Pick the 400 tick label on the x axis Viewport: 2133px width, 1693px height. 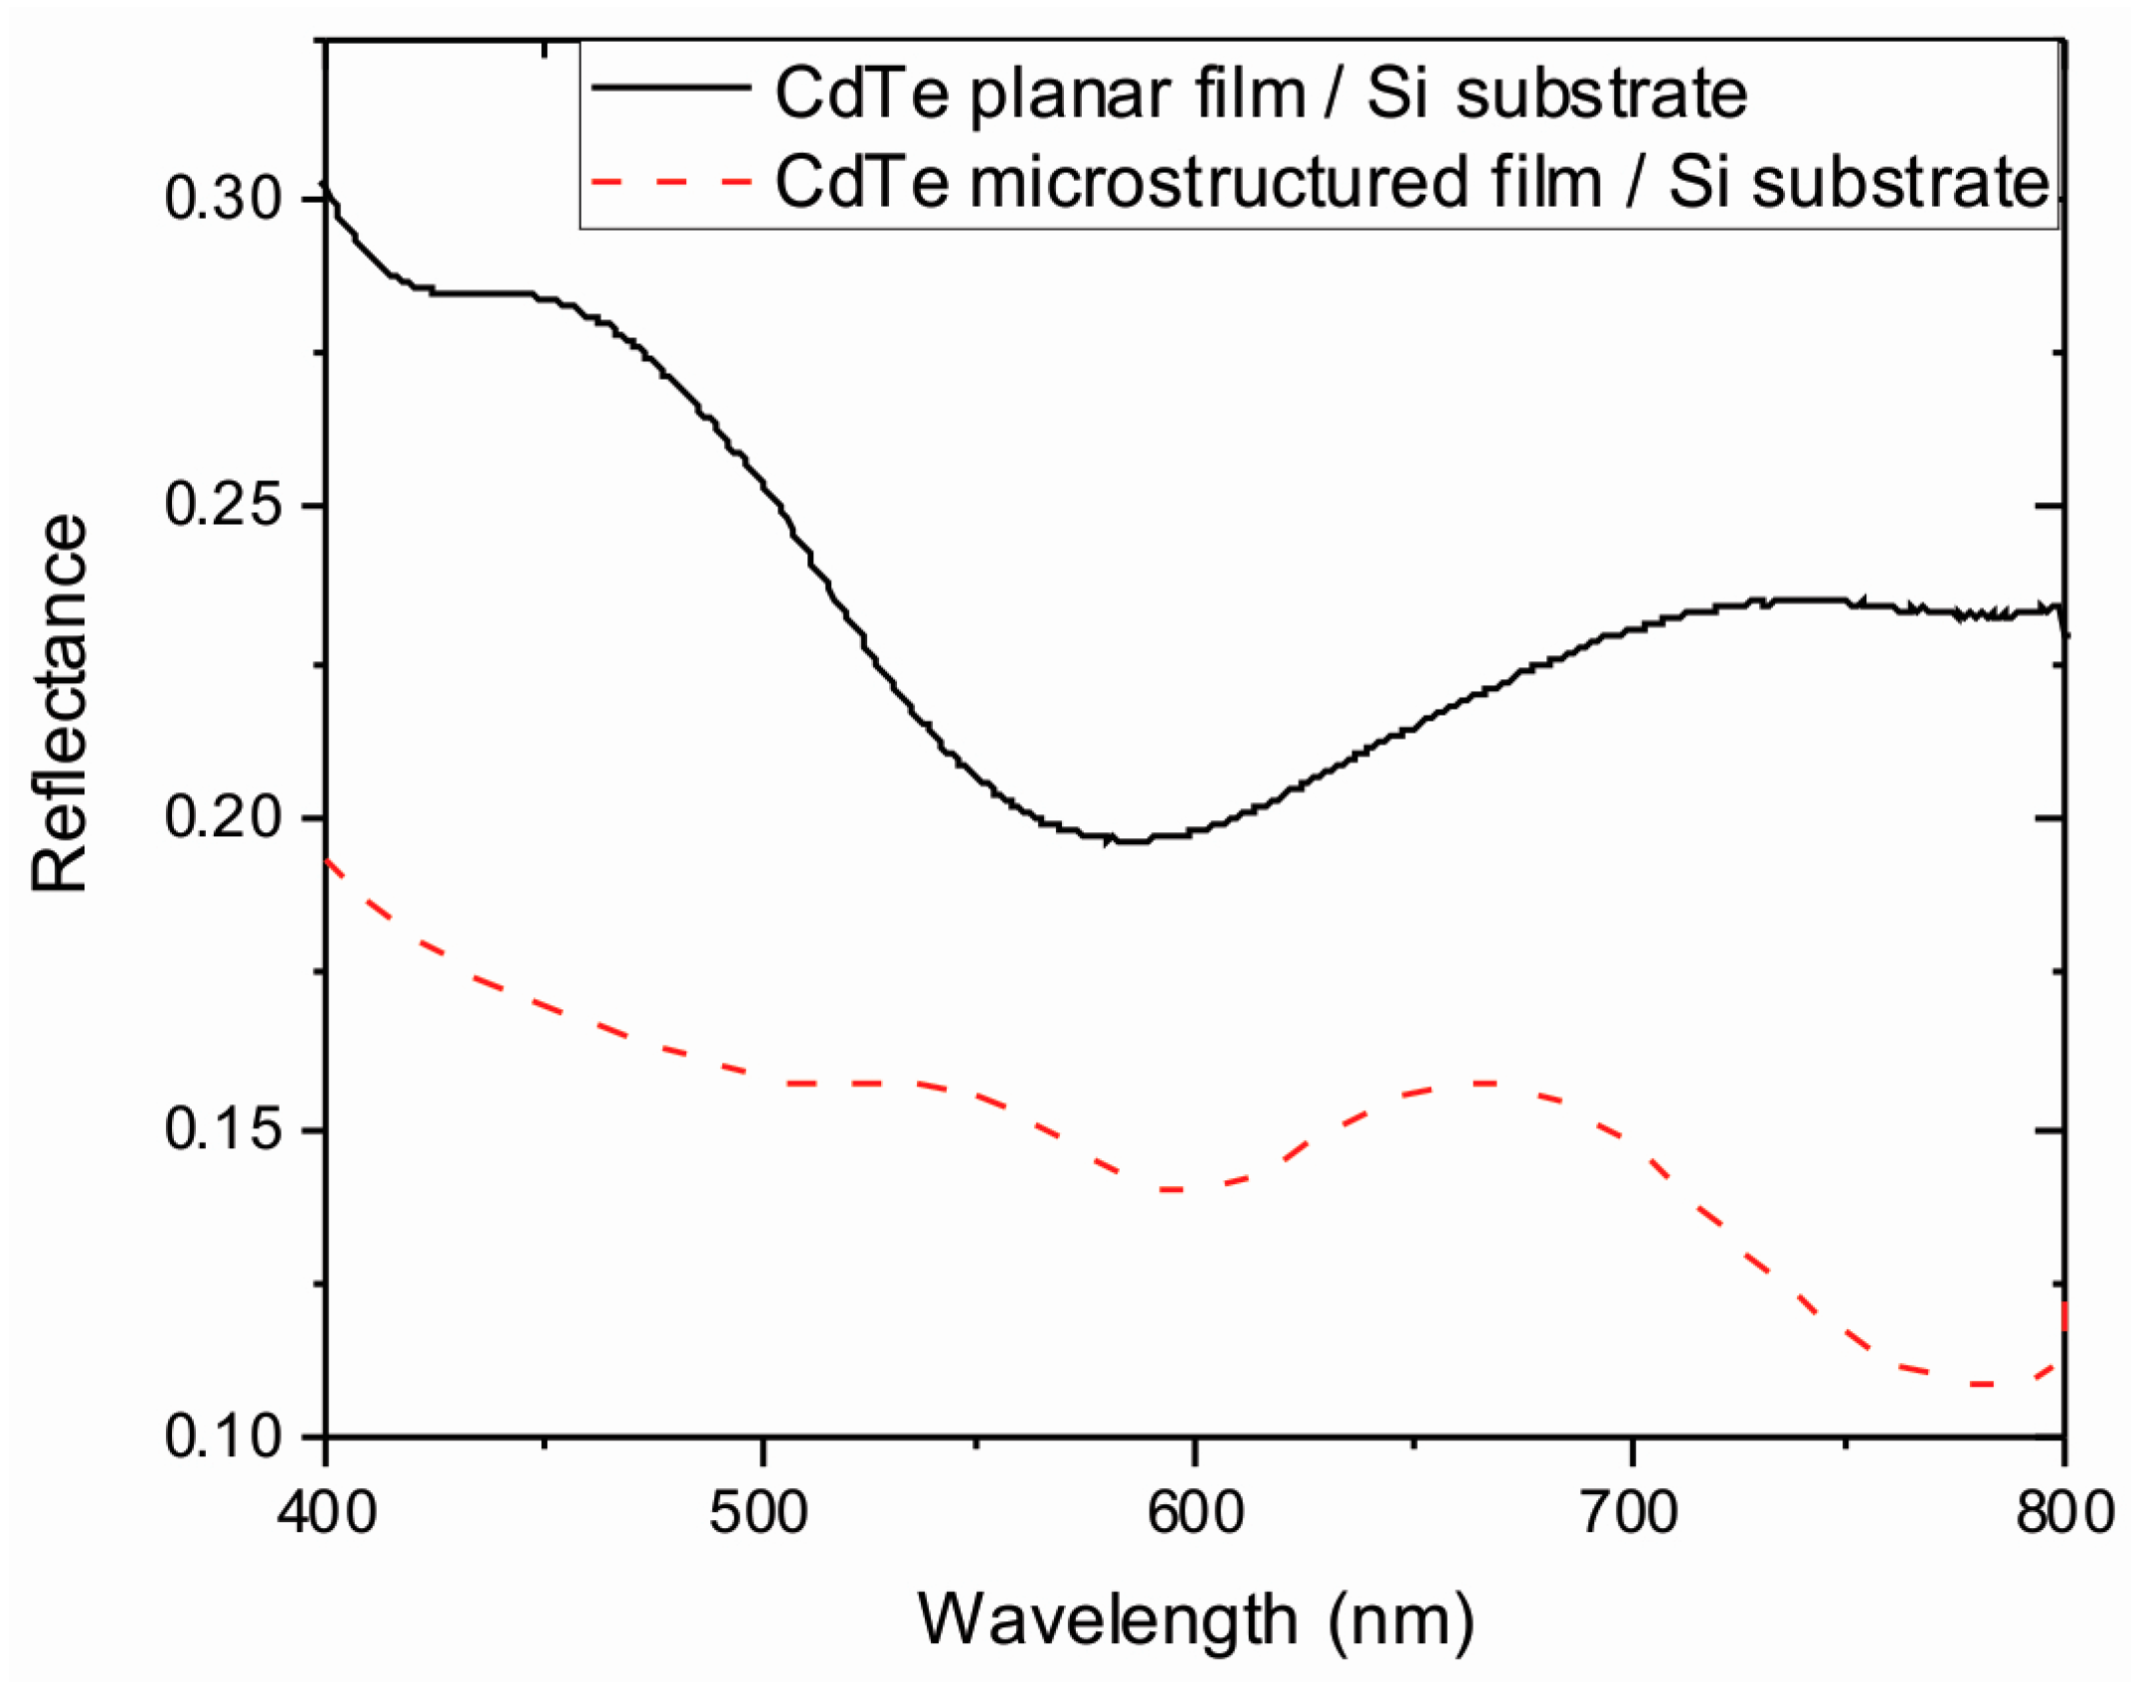(x=326, y=1512)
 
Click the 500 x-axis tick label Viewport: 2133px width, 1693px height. (x=760, y=1512)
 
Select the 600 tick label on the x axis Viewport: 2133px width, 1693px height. (x=1194, y=1512)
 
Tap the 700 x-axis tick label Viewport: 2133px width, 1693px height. (x=1631, y=1512)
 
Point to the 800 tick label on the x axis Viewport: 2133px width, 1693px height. (x=2064, y=1512)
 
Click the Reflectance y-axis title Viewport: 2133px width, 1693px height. (x=60, y=704)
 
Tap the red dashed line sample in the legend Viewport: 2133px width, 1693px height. (x=670, y=182)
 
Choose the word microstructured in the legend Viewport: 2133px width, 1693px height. (x=1218, y=184)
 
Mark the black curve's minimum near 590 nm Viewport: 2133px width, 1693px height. (x=1134, y=841)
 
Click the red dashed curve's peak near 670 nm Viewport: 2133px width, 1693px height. (x=1487, y=1083)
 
